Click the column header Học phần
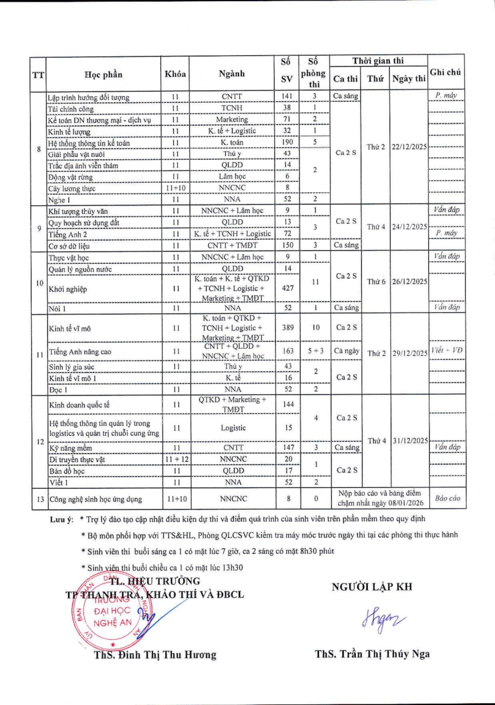coord(104,74)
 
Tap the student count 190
coord(287,143)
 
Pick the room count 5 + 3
coord(315,351)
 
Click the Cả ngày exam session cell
coord(346,351)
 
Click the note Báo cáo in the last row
coord(446,499)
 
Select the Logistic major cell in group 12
coord(233,428)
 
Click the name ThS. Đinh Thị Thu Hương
coord(155,654)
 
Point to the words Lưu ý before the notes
coord(61,519)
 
